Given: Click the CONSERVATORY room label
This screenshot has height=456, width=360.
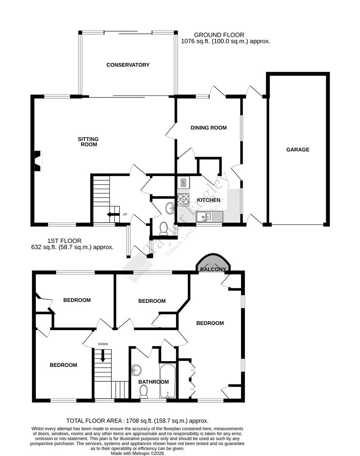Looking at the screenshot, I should (x=128, y=65).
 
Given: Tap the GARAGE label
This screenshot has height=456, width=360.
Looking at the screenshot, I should (x=298, y=149).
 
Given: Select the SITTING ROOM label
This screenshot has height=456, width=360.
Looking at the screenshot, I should (x=88, y=141).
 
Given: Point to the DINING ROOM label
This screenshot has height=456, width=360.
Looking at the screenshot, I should (x=208, y=128).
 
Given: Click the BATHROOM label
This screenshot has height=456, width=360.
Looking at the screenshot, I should (x=154, y=382).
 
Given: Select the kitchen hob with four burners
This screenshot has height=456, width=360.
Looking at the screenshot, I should (x=184, y=199).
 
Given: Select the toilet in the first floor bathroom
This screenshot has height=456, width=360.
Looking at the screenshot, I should (x=143, y=393).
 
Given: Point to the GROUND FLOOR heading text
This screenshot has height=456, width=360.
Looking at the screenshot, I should (x=219, y=35).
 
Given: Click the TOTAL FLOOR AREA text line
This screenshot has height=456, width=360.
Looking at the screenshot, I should (x=138, y=421).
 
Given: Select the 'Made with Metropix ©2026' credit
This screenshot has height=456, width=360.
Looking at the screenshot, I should (x=137, y=453).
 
